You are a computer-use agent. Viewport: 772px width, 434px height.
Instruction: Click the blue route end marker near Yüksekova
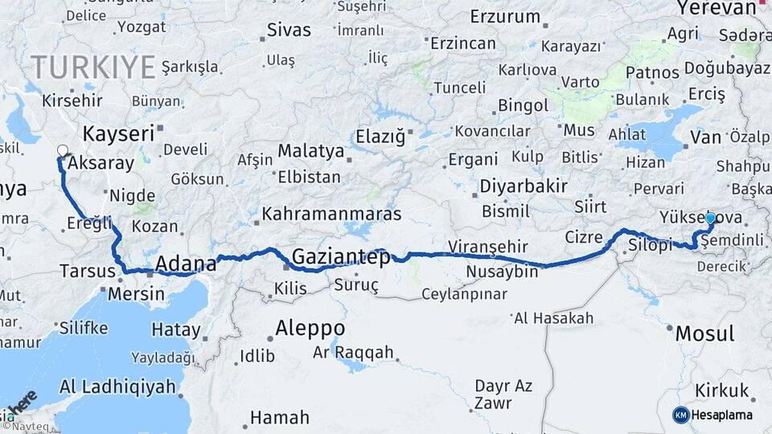(710, 218)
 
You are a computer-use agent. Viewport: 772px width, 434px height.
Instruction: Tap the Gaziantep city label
(341, 257)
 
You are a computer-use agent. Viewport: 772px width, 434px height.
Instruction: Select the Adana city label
(185, 264)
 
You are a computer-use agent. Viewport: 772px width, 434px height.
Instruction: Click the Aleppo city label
(310, 328)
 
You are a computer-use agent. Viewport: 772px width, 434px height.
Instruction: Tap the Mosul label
(704, 334)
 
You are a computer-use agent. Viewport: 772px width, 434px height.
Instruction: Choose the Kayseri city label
(117, 133)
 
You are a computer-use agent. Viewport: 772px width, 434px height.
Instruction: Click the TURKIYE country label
(93, 68)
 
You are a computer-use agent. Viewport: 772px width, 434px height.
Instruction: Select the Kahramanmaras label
(332, 216)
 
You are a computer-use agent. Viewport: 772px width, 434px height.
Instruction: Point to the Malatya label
(310, 151)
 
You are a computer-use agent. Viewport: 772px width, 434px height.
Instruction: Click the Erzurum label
(505, 17)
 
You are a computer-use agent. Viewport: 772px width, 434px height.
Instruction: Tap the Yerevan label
(717, 8)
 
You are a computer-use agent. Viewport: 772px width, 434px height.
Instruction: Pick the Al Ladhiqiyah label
(117, 387)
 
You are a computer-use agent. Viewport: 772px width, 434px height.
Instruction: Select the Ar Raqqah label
(353, 352)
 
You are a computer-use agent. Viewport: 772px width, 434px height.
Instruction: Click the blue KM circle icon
(681, 415)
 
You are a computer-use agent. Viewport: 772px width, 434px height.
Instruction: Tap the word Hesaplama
(722, 415)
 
